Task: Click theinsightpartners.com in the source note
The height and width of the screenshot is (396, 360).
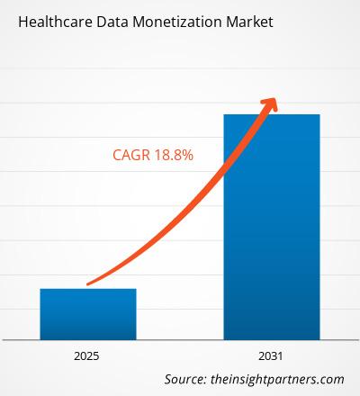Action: pyautogui.click(x=279, y=379)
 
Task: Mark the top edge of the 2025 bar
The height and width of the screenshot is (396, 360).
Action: pyautogui.click(x=88, y=289)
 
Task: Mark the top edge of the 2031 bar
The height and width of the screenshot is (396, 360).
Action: pyautogui.click(x=272, y=114)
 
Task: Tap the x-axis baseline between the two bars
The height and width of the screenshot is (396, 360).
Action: pyautogui.click(x=180, y=339)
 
